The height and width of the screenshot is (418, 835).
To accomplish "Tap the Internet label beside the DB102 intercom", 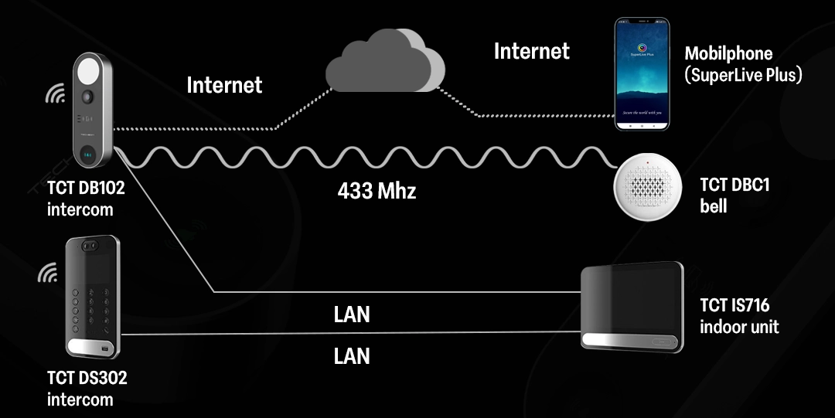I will pos(224,84).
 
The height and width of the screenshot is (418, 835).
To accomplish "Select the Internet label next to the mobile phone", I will pos(531,51).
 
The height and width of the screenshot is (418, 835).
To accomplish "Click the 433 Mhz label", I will pos(377,191).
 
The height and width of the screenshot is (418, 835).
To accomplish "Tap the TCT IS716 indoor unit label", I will pos(739,316).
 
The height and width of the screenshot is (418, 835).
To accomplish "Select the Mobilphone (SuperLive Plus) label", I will pos(743,64).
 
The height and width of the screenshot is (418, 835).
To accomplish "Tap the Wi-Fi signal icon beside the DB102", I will pos(55,94).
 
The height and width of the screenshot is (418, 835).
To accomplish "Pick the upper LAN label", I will pos(352,314).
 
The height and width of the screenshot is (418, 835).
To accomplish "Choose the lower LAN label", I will pos(352,355).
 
